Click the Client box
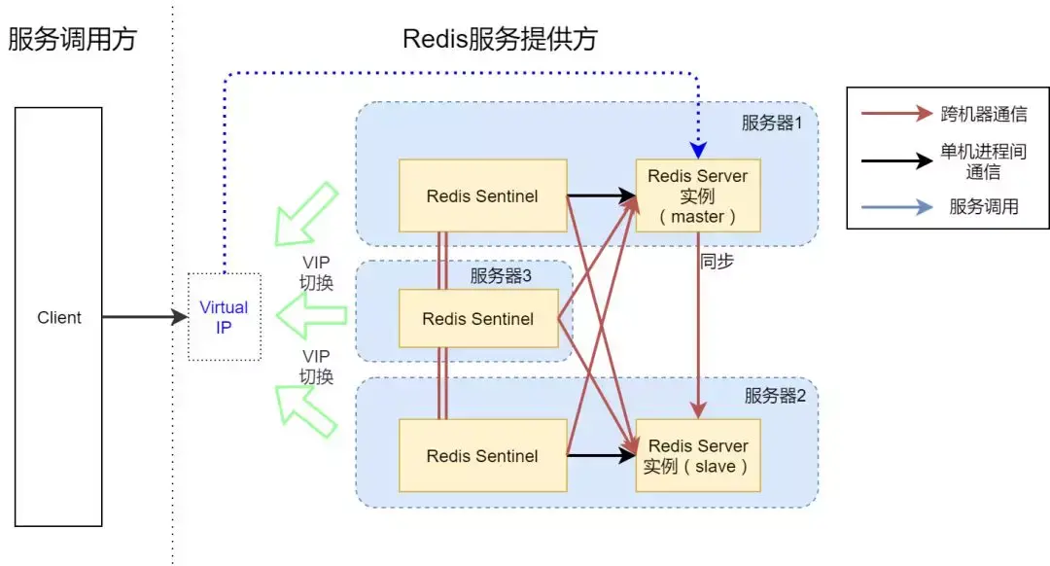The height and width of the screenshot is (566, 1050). pos(58,317)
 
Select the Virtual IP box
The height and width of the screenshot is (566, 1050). pos(224,317)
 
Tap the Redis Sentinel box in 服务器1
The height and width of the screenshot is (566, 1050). pos(482,195)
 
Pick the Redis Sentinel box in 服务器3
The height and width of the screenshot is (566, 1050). pos(478,318)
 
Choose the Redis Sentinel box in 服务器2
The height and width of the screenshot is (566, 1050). pos(482,455)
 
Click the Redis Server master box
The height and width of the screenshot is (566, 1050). pos(697,195)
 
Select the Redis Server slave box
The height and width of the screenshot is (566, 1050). pos(697,455)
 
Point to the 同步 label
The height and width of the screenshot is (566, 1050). pos(717,263)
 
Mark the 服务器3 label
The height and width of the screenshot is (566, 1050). pos(501,276)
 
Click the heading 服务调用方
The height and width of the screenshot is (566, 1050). pos(73,40)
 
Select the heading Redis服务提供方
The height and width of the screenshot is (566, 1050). pos(500,40)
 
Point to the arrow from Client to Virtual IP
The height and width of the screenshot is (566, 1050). pos(144,317)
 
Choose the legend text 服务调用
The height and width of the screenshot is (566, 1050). pos(984,206)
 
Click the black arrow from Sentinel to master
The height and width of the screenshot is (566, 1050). pos(600,195)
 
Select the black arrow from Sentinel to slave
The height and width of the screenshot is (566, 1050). pos(600,455)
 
